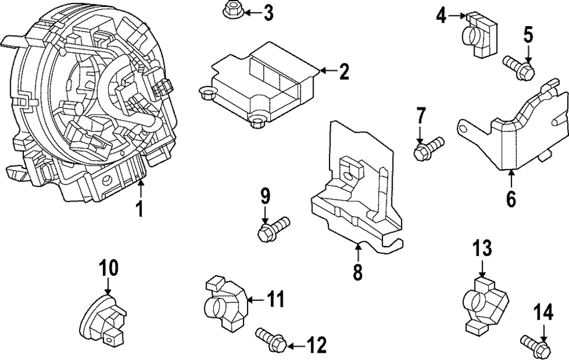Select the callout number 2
point(343,71)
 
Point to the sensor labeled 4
point(479,35)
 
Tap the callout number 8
point(357,271)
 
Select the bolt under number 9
point(274,229)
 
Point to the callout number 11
point(276,300)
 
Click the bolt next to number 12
point(272,338)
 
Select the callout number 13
point(482,249)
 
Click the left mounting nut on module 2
point(208,93)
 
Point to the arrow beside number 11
point(256,300)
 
